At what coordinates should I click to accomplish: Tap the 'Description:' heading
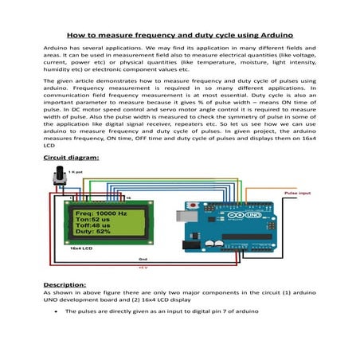click(67, 284)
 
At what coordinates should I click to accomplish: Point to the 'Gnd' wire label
click(143, 259)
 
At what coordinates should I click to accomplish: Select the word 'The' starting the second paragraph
click(49, 83)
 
